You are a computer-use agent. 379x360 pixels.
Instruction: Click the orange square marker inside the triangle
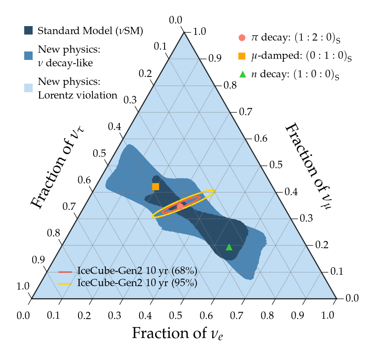point(155,186)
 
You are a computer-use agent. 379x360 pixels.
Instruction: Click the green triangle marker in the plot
point(229,247)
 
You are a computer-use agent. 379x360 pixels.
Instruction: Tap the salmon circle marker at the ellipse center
point(180,207)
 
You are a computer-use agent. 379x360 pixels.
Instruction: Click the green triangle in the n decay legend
point(243,74)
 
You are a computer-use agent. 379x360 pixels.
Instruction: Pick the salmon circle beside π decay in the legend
point(243,38)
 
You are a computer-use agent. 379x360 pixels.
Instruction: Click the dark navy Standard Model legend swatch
point(28,30)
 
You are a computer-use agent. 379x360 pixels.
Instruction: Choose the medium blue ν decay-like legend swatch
point(28,56)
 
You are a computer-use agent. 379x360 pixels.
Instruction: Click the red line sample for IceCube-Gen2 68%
point(65,272)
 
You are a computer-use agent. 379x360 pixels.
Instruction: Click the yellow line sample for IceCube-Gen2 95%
point(65,283)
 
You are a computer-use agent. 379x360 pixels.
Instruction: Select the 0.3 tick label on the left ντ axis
point(131,100)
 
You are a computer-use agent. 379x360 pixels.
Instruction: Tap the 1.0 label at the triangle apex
point(199,31)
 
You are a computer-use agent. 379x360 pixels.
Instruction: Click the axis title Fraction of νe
point(177,333)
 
